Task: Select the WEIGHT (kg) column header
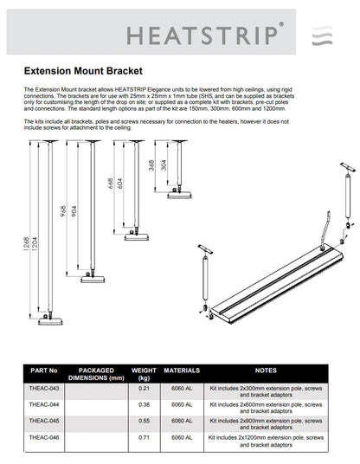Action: coord(144,374)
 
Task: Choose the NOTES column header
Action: coord(265,371)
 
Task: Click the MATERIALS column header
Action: coord(182,371)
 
